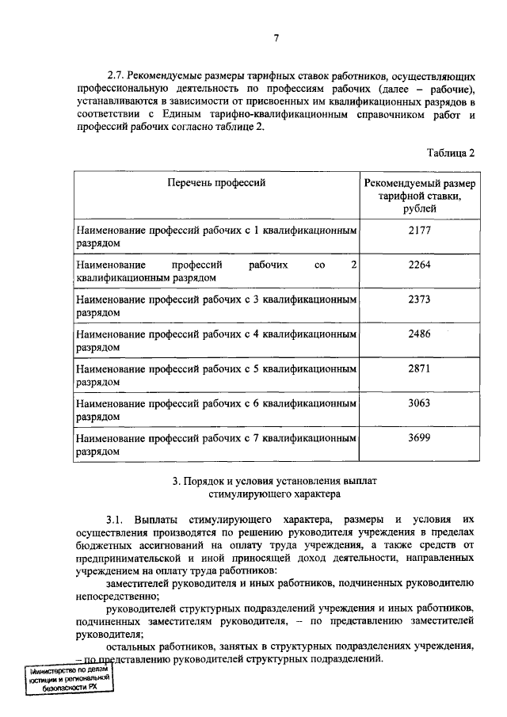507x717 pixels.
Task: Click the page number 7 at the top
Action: [x=276, y=38]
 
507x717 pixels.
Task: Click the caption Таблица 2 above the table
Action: [x=450, y=153]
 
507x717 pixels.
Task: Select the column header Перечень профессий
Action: [x=216, y=183]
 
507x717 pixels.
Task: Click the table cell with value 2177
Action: [x=419, y=230]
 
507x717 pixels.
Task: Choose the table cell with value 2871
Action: [x=419, y=368]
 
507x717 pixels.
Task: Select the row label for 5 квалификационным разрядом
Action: [x=215, y=375]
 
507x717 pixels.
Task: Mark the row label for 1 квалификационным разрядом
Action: [x=215, y=236]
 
